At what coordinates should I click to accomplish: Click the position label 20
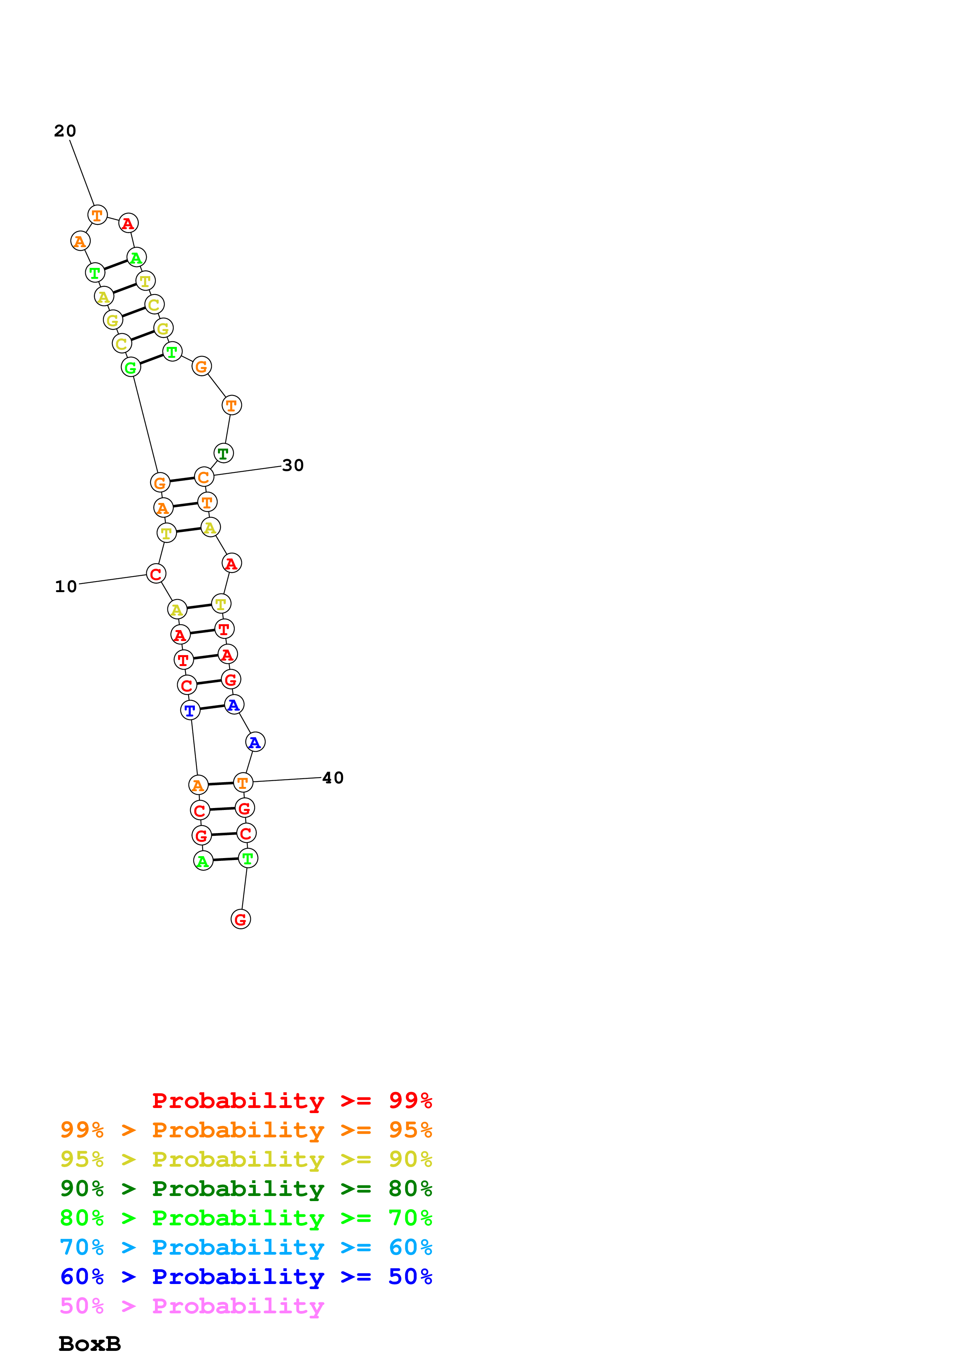[x=65, y=131]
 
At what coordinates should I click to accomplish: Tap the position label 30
[x=293, y=465]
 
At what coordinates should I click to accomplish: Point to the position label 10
[x=66, y=586]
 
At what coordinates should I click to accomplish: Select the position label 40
[x=333, y=778]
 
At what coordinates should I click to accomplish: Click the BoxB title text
[x=90, y=1343]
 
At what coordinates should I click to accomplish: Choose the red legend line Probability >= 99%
[x=292, y=1100]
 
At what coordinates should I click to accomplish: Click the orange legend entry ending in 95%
[x=246, y=1130]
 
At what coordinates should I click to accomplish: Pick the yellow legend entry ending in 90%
[x=246, y=1159]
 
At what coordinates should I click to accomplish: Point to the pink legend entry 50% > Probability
[x=192, y=1305]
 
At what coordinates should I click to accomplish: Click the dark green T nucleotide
[x=223, y=454]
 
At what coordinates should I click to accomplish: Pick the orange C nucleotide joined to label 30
[x=204, y=477]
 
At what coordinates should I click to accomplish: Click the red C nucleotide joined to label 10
[x=156, y=574]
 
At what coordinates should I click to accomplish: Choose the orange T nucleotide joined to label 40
[x=243, y=782]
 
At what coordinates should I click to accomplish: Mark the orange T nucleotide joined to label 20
[x=97, y=215]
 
